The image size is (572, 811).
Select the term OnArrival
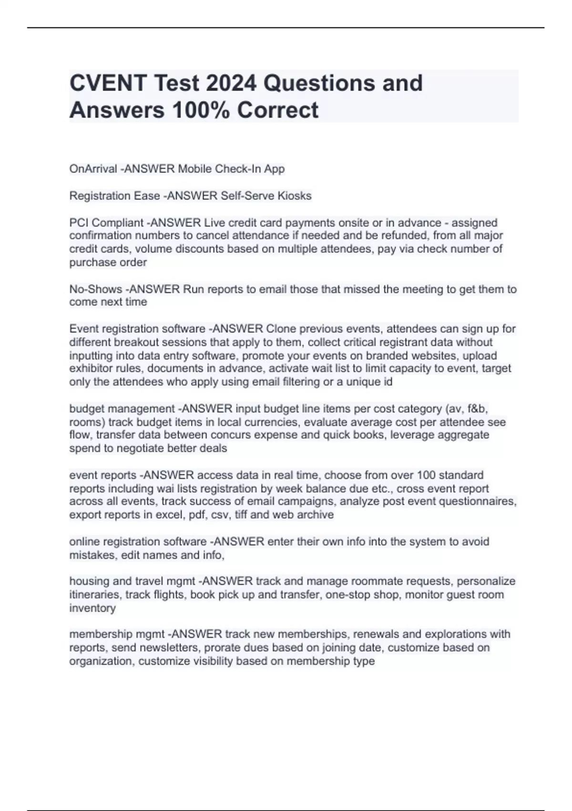pyautogui.click(x=93, y=169)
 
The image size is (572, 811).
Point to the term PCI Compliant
pyautogui.click(x=106, y=223)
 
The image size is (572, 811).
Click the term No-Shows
pyautogui.click(x=95, y=289)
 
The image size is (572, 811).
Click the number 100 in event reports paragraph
pyautogui.click(x=426, y=475)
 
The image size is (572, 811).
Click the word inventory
pyautogui.click(x=92, y=608)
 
